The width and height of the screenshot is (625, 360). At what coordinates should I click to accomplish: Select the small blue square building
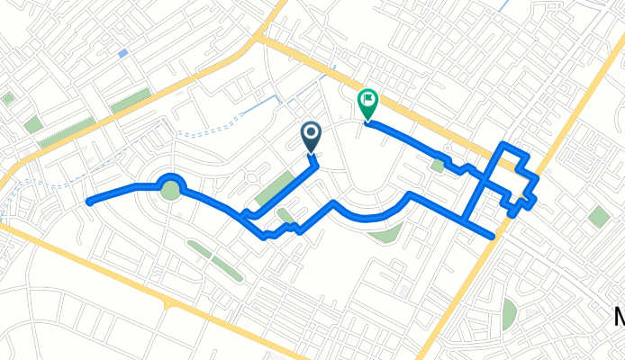122,53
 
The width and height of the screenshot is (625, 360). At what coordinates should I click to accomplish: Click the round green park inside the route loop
169,190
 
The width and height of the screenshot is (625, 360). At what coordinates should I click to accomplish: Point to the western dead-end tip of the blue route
88,202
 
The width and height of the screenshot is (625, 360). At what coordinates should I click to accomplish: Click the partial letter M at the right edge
619,318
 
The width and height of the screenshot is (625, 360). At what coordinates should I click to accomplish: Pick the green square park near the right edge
598,216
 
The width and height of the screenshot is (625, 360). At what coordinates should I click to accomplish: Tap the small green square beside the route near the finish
438,166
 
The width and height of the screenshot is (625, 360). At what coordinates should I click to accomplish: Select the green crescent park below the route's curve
385,235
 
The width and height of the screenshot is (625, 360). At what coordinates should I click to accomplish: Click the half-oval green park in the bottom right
510,312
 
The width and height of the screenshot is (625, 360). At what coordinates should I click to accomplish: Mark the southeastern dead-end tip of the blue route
493,236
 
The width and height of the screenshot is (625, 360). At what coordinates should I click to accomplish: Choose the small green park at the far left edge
8,98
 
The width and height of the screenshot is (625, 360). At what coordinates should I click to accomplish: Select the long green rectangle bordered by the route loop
274,190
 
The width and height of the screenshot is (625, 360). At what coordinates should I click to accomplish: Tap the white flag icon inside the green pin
368,99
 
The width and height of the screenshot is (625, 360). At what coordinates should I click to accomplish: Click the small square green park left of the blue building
33,124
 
